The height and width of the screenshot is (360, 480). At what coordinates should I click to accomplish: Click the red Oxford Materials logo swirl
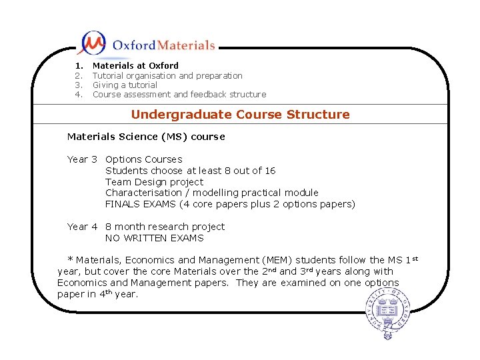pos(92,43)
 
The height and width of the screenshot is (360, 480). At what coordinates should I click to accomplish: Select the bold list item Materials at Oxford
pos(135,65)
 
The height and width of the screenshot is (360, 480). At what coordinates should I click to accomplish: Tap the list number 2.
pos(78,75)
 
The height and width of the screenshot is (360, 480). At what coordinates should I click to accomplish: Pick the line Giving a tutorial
pos(125,85)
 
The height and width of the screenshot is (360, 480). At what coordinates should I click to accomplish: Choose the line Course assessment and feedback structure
pos(179,95)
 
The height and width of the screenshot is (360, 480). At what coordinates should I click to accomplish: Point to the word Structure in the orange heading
pos(318,114)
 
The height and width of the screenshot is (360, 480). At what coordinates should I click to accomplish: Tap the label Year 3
pos(82,159)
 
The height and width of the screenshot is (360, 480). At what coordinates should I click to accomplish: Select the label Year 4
pos(82,227)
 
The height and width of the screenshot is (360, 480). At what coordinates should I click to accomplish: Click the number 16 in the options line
pos(269,171)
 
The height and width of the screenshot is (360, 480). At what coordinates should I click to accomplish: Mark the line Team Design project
pos(154,182)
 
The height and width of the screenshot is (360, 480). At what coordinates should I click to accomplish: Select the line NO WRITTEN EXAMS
pos(154,238)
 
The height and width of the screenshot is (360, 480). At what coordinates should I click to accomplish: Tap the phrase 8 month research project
pos(165,227)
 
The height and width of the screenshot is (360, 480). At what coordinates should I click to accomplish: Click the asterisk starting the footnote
pos(70,259)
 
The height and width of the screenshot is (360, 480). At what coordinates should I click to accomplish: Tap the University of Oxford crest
pos(387,314)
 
